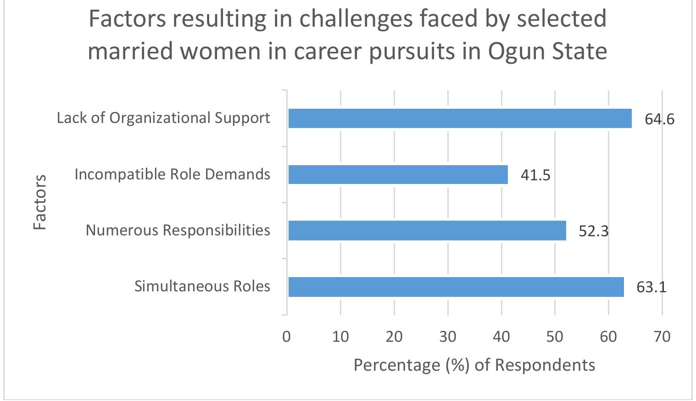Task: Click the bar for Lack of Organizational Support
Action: click(x=460, y=118)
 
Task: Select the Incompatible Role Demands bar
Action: click(x=398, y=174)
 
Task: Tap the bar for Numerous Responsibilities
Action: click(x=427, y=230)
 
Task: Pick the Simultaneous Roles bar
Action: click(x=456, y=287)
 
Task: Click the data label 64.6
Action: click(x=659, y=119)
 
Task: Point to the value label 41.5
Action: click(x=535, y=175)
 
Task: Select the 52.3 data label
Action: click(x=593, y=231)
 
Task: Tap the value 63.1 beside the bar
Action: click(x=651, y=287)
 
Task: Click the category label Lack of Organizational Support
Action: click(x=163, y=118)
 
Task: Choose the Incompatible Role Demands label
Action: click(x=172, y=174)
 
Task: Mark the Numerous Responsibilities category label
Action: click(x=178, y=230)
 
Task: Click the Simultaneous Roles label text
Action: click(x=202, y=286)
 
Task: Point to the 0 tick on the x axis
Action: click(x=287, y=337)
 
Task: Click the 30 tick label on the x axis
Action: click(x=448, y=337)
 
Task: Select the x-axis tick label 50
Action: click(x=555, y=337)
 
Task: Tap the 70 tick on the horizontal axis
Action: click(x=662, y=337)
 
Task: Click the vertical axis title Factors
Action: click(x=40, y=202)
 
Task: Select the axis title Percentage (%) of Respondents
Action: click(x=474, y=365)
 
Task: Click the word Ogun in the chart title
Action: click(x=516, y=50)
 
